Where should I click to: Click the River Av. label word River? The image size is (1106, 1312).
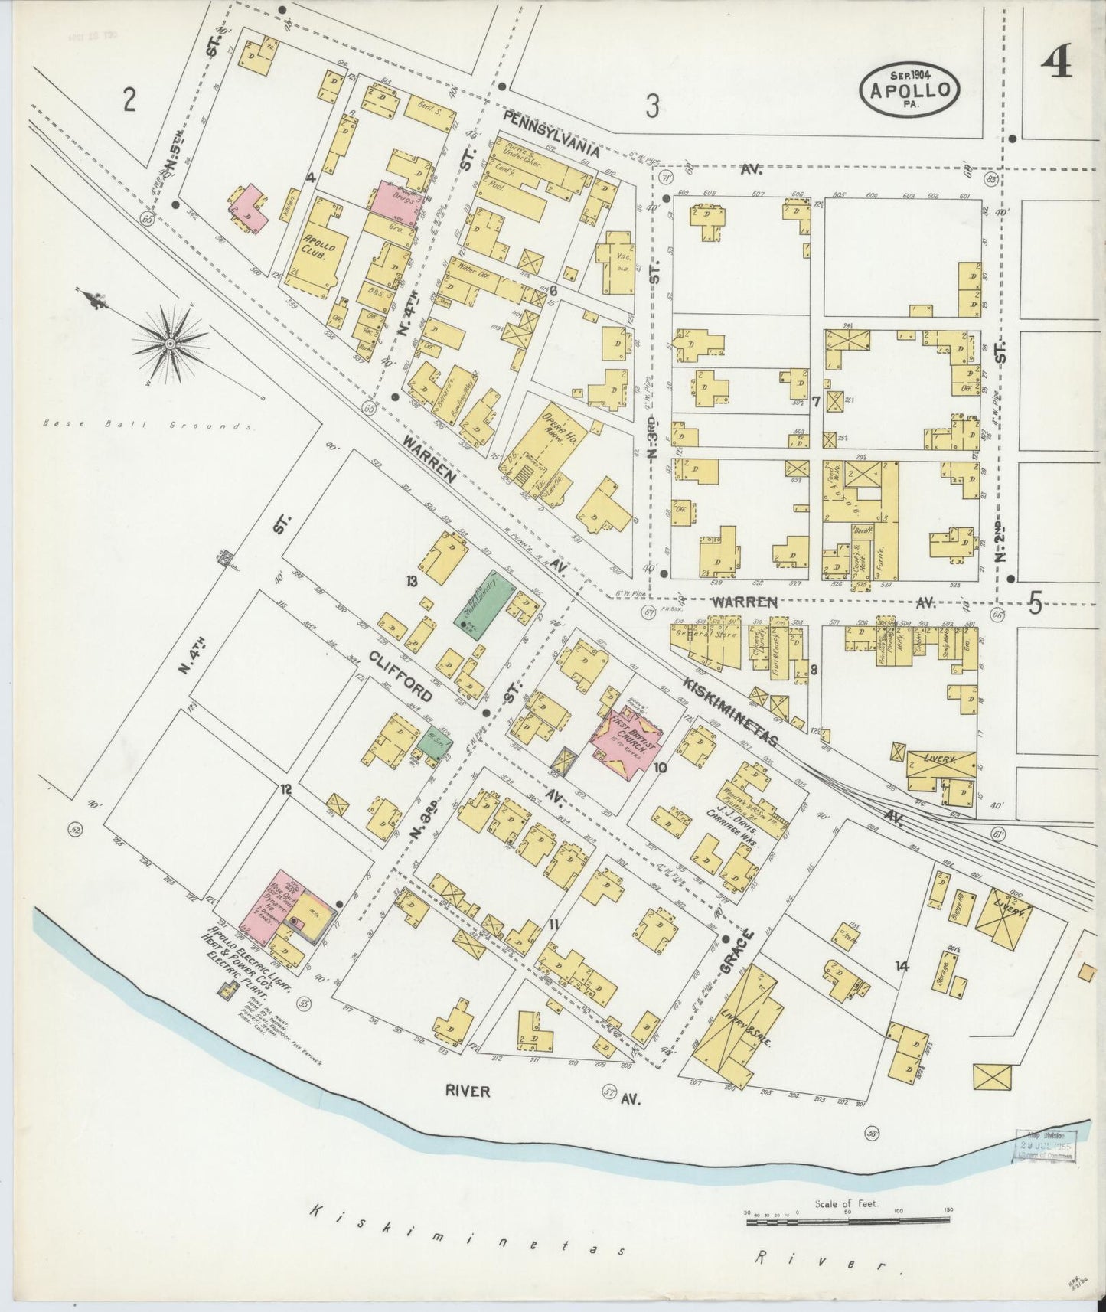click(x=468, y=1091)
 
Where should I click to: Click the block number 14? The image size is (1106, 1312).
click(x=902, y=966)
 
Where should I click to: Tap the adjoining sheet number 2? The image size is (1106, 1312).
click(x=129, y=100)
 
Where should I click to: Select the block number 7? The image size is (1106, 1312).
click(x=816, y=401)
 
